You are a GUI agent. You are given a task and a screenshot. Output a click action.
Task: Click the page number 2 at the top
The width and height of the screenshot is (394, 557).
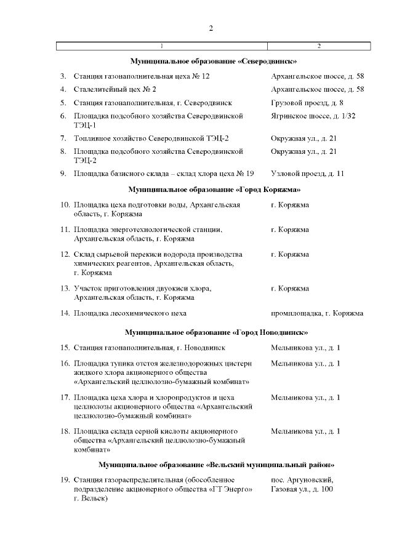[x=211, y=28]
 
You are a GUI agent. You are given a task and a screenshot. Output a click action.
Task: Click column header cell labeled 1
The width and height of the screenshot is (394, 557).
[x=162, y=46]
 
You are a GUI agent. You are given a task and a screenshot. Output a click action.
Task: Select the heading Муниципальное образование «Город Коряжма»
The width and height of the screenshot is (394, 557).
[x=214, y=189]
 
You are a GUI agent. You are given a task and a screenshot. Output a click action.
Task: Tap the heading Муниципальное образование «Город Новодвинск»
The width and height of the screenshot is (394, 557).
[x=216, y=332]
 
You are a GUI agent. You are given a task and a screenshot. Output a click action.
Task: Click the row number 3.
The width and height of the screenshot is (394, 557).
[x=63, y=76]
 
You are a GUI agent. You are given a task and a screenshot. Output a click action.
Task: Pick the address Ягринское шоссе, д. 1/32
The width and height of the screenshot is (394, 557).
[x=313, y=116]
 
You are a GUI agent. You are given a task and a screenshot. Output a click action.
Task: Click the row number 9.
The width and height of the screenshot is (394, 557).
[x=63, y=174]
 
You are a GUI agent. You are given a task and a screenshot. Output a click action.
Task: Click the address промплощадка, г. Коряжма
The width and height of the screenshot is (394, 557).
[x=316, y=313]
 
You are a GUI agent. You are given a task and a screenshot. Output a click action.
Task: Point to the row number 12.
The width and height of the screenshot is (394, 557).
[x=65, y=254]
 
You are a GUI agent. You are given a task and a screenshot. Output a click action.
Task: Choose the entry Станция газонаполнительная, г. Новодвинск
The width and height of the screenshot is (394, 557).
[x=149, y=348]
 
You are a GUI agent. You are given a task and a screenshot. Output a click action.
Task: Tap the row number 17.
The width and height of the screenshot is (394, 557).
[x=65, y=398]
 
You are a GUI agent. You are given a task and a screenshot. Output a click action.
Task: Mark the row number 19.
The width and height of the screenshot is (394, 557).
[x=65, y=480]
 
